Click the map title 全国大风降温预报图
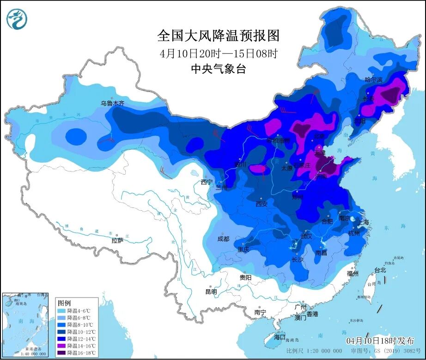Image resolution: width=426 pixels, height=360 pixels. pyautogui.click(x=219, y=36)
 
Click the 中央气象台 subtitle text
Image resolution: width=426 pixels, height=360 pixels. pyautogui.click(x=219, y=69)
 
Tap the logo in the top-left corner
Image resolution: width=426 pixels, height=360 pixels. pyautogui.click(x=17, y=19)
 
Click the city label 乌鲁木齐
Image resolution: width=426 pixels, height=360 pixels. pyautogui.click(x=113, y=104)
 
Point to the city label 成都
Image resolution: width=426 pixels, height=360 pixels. pyautogui.click(x=223, y=238)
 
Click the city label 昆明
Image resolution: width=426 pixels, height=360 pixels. pyautogui.click(x=211, y=292)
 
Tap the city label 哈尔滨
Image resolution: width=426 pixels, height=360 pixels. pyautogui.click(x=374, y=80)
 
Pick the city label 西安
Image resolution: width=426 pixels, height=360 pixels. pyautogui.click(x=262, y=204)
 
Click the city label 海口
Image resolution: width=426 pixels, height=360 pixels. pyautogui.click(x=280, y=337)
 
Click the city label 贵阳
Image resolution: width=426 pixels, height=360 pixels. pyautogui.click(x=245, y=277)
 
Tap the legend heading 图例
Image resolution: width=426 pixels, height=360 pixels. pyautogui.click(x=64, y=303)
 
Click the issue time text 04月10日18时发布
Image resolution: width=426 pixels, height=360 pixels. pyautogui.click(x=380, y=341)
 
